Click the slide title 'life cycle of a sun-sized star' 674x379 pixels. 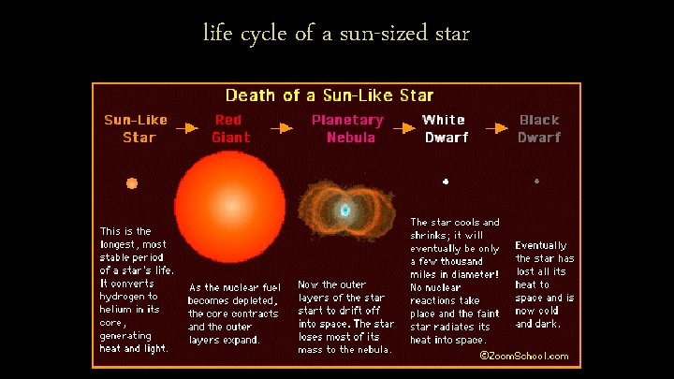point(336,35)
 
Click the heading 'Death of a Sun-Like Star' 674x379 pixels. point(330,95)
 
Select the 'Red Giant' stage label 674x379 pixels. point(230,128)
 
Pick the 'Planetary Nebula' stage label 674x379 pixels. point(347,128)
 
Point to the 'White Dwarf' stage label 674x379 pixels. point(444,128)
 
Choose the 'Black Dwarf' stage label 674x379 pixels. point(539,128)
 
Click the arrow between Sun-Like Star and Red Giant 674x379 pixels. point(187,125)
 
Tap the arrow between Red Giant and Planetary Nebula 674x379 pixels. point(281,125)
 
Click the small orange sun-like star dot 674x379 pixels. point(132,183)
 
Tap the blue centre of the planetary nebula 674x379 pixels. point(345,210)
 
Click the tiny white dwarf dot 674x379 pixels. point(446,182)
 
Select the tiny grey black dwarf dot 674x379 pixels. point(536,181)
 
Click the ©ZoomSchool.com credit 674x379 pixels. point(523,356)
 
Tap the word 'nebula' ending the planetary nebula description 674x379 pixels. point(371,349)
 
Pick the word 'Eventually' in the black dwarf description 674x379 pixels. point(541,245)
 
